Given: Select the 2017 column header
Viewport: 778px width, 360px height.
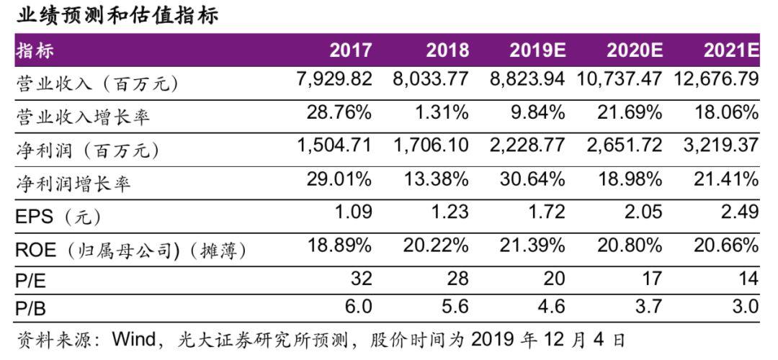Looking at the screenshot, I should click(351, 50).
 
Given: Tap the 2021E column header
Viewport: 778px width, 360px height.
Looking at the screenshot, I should click(731, 50).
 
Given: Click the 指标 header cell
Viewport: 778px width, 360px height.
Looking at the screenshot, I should click(35, 50).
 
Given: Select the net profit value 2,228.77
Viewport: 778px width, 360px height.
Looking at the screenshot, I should click(525, 145).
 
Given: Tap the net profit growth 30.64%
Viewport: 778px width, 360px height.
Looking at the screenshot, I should click(532, 179).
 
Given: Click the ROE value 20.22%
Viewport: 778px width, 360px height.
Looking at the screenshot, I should click(436, 246).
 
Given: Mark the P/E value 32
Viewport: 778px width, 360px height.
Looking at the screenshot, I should click(359, 279).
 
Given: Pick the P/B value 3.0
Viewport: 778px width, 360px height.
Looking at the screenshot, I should click(744, 307).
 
